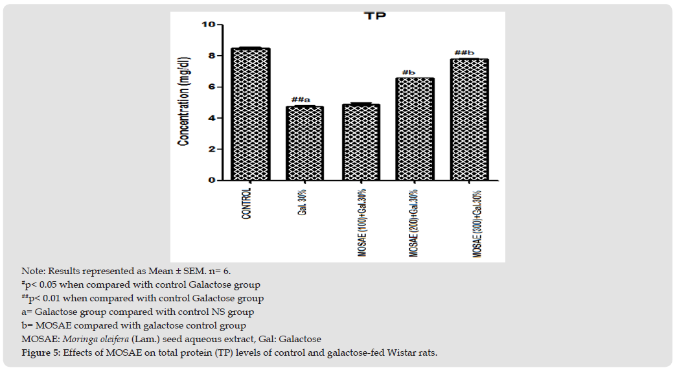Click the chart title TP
[x=374, y=15]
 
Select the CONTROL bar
[x=250, y=114]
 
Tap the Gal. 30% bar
[x=304, y=143]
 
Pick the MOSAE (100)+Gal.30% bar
[x=361, y=142]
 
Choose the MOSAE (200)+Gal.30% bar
[x=415, y=129]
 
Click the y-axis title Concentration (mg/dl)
[x=185, y=104]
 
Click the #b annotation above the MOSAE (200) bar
[x=408, y=72]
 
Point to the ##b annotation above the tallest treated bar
[x=465, y=52]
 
